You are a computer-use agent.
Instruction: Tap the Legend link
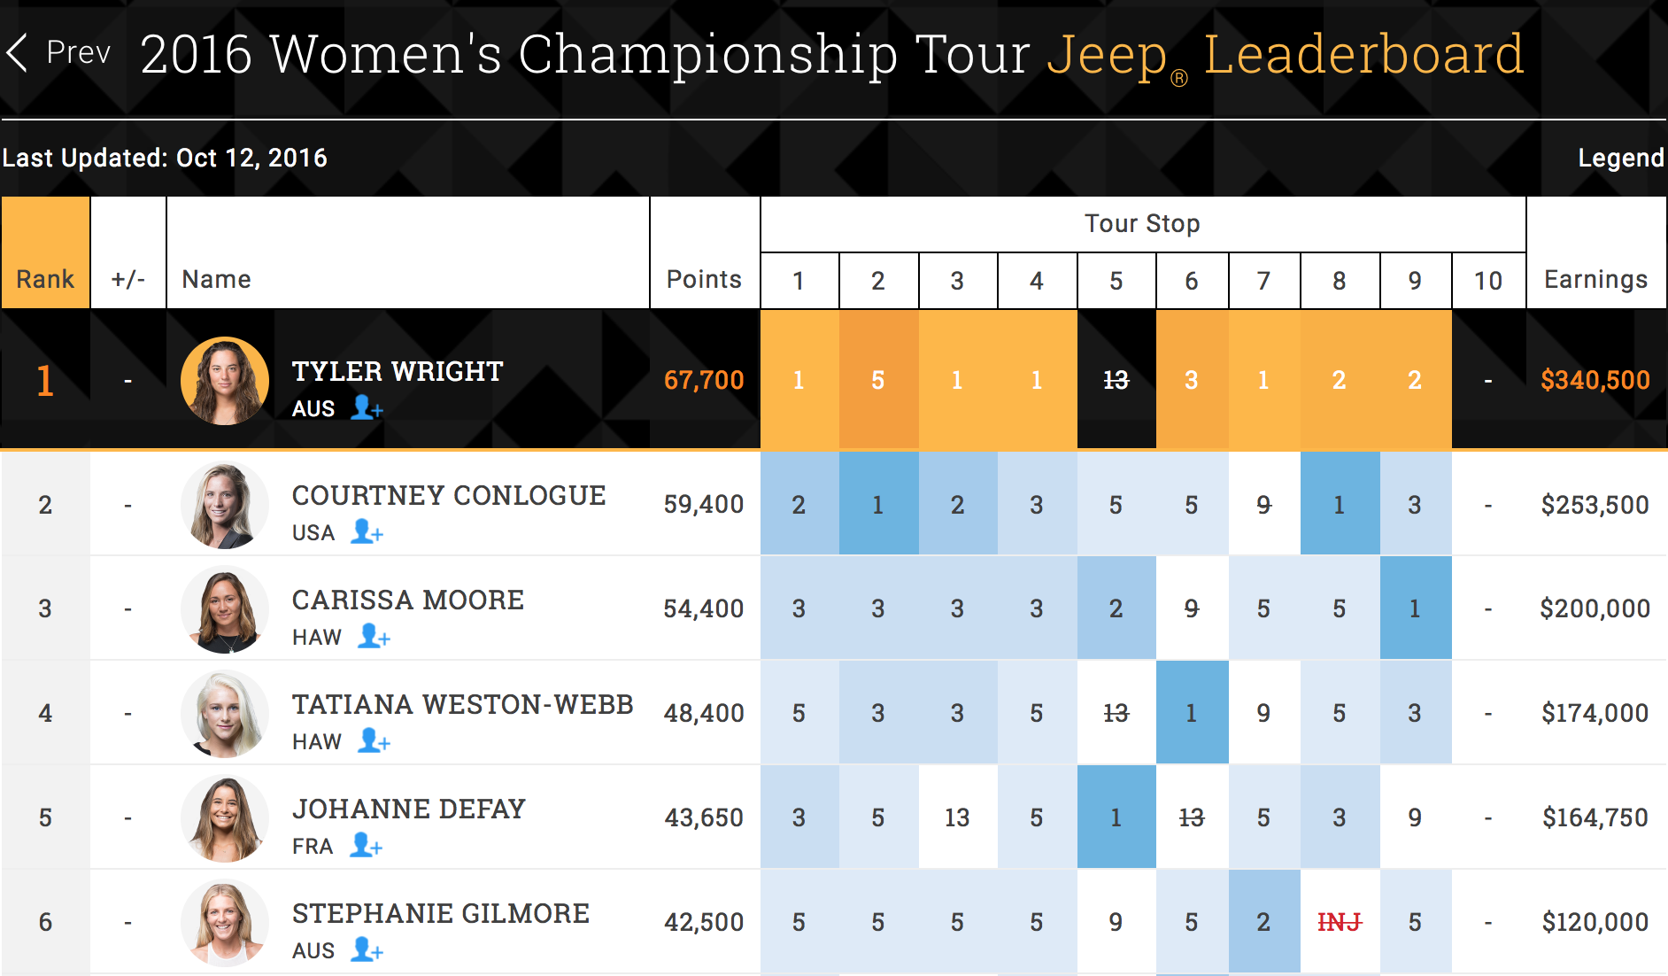[x=1620, y=158]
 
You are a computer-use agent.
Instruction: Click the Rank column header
[x=45, y=279]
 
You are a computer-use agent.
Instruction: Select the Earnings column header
[x=1595, y=279]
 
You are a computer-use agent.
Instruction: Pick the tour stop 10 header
[x=1487, y=281]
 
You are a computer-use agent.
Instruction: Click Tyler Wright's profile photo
[x=225, y=381]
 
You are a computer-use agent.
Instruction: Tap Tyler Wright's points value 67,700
[x=704, y=380]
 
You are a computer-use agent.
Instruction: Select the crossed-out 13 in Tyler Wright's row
[x=1116, y=380]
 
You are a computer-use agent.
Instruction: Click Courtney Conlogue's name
[x=449, y=495]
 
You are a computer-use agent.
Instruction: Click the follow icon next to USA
[x=367, y=531]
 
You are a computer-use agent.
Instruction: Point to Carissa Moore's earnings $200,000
[x=1595, y=608]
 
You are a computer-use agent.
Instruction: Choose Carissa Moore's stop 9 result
[x=1415, y=608]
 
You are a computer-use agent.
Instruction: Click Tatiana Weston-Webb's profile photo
[x=225, y=714]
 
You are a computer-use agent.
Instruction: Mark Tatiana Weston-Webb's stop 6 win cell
[x=1192, y=713]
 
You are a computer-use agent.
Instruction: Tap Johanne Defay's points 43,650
[x=704, y=817]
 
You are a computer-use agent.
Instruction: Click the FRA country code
[x=313, y=847]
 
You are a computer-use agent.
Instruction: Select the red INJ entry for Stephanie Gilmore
[x=1339, y=923]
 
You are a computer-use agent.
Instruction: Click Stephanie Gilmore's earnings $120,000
[x=1595, y=922]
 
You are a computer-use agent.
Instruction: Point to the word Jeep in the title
[x=1107, y=55]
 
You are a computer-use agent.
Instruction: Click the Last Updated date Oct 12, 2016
[x=251, y=158]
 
